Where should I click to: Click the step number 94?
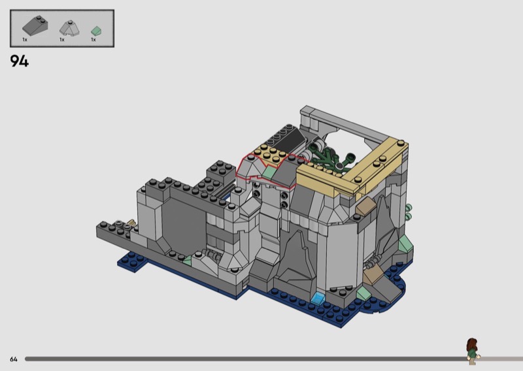(x=20, y=61)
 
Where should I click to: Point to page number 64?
(x=14, y=359)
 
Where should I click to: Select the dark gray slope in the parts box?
(x=35, y=25)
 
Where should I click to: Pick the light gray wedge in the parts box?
(x=69, y=28)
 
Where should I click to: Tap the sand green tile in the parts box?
(x=96, y=31)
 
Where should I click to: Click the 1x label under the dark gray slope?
(x=25, y=40)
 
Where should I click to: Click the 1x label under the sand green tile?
(x=93, y=40)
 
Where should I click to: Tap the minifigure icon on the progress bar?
(x=473, y=351)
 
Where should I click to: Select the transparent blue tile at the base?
(x=318, y=298)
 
